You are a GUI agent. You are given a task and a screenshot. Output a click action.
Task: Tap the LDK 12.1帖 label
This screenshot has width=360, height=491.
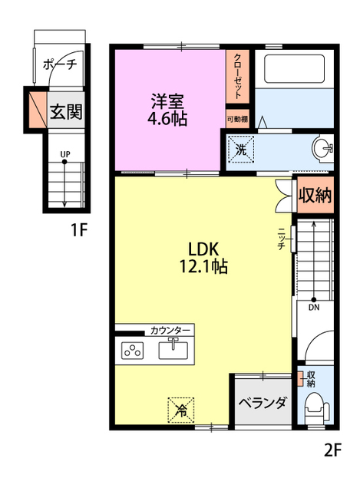coord(203,258)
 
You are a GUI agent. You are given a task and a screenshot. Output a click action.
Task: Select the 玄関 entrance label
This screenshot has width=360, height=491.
coord(66,111)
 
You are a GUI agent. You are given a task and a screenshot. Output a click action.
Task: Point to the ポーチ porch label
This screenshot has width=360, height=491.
coord(60,64)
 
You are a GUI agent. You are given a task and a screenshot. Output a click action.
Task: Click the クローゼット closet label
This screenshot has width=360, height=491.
coord(237,77)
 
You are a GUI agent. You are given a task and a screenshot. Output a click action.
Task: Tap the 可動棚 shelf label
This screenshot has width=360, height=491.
coord(237,120)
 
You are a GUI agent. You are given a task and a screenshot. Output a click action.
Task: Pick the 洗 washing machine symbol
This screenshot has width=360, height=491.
coord(240,150)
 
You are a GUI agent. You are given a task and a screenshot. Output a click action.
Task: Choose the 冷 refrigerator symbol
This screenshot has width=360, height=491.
coord(181,410)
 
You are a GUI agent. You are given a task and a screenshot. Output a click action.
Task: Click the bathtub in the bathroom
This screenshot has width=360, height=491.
coord(294,69)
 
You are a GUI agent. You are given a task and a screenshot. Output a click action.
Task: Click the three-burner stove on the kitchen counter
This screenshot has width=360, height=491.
coord(132,351)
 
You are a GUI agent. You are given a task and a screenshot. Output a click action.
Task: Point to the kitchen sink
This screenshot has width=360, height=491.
coord(173,349)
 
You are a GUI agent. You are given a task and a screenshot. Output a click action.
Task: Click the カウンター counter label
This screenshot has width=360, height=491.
coord(170,331)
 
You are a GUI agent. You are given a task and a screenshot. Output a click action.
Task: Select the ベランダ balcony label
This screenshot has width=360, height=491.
coord(263,403)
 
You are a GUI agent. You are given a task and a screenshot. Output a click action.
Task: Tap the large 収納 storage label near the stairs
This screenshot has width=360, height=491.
coord(315,196)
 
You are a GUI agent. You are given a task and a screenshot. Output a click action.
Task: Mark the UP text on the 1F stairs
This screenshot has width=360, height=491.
coord(65,154)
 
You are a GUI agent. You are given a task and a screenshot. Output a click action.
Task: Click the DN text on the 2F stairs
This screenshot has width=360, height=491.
coord(314,308)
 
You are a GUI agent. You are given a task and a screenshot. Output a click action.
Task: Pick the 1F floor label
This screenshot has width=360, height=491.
coord(78,230)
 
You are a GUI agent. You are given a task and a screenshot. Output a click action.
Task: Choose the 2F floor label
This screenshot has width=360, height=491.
coord(332,450)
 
